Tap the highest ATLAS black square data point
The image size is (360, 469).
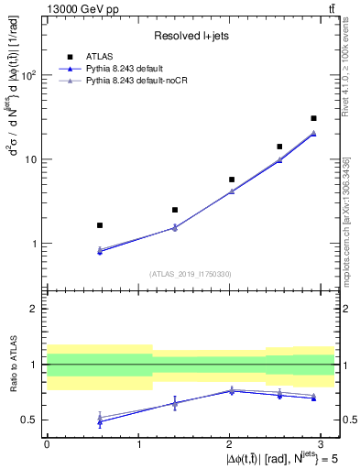313,118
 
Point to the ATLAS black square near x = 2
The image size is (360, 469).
232,180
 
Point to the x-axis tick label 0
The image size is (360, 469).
47,442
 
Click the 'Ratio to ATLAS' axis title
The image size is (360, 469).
11,365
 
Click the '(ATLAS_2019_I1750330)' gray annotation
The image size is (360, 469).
191,274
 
